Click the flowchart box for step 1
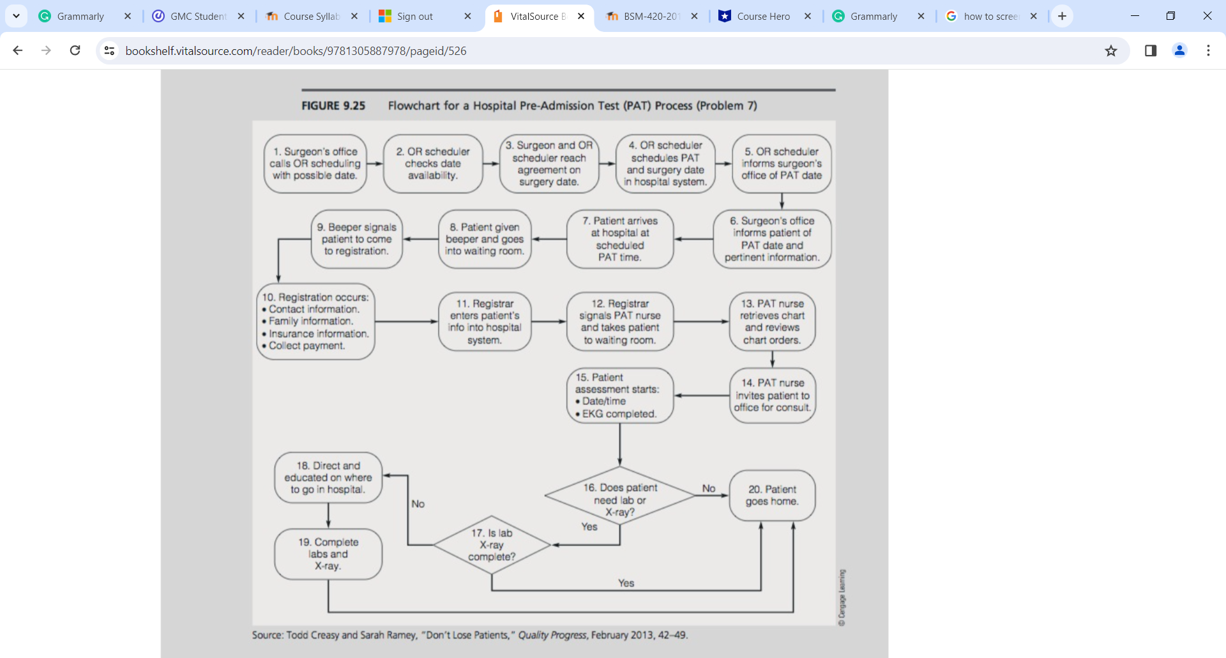(315, 164)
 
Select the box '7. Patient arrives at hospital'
(619, 239)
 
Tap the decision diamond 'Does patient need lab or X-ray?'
(619, 496)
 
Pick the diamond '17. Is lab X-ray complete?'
(492, 545)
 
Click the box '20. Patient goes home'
(772, 496)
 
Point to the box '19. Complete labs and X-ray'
(328, 554)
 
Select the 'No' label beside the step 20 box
(709, 489)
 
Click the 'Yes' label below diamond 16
(589, 527)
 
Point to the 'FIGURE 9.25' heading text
(333, 106)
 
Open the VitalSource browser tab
(538, 17)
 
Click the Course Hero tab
(763, 17)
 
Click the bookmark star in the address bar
(1111, 51)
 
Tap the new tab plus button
(1062, 17)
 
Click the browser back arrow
(18, 50)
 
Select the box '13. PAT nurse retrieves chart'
(772, 321)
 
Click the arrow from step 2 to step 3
(491, 164)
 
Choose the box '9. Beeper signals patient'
(356, 239)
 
